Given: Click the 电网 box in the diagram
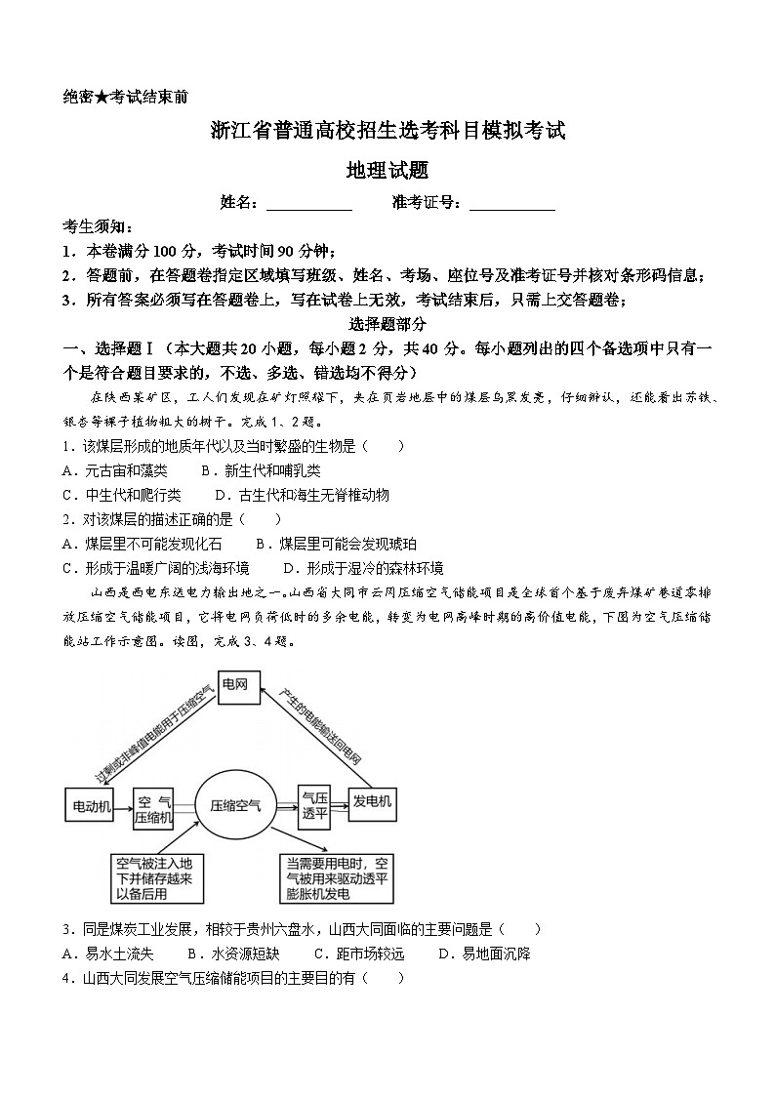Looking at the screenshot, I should (234, 685).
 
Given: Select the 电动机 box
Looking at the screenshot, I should (89, 806).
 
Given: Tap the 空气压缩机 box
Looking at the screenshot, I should (153, 807).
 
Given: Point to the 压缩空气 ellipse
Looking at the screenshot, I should (235, 805).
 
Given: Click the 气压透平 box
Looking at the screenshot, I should (313, 805).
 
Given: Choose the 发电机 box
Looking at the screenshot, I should (372, 802).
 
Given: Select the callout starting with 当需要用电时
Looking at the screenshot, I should (338, 878).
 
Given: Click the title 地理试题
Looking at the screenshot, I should (387, 171).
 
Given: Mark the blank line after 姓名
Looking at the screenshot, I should (308, 205).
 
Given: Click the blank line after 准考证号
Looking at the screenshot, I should (511, 205).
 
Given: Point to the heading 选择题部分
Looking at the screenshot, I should (387, 324).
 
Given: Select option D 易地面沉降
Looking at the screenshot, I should (484, 954).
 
